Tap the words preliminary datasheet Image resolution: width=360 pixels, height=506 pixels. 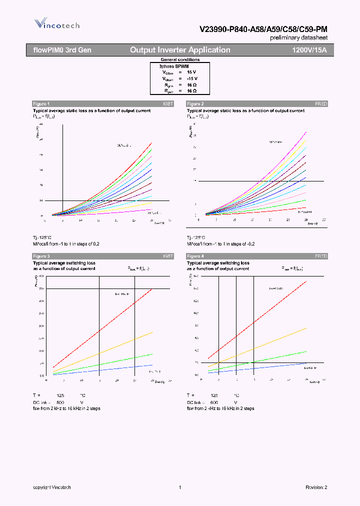[298, 38]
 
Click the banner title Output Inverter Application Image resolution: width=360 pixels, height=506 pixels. [180, 50]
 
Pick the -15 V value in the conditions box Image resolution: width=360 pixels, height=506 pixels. [192, 78]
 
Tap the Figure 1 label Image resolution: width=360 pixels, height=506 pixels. [41, 103]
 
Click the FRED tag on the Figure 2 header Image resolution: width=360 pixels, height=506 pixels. [320, 103]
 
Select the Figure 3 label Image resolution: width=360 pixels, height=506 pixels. [41, 256]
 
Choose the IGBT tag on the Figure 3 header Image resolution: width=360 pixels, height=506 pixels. [167, 256]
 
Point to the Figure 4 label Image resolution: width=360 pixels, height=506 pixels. [195, 256]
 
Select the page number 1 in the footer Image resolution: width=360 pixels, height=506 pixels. [179, 487]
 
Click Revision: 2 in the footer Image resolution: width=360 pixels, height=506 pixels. [316, 487]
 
